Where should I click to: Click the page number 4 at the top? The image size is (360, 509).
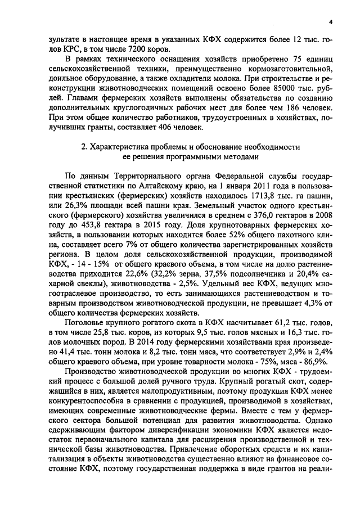tap(331, 22)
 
